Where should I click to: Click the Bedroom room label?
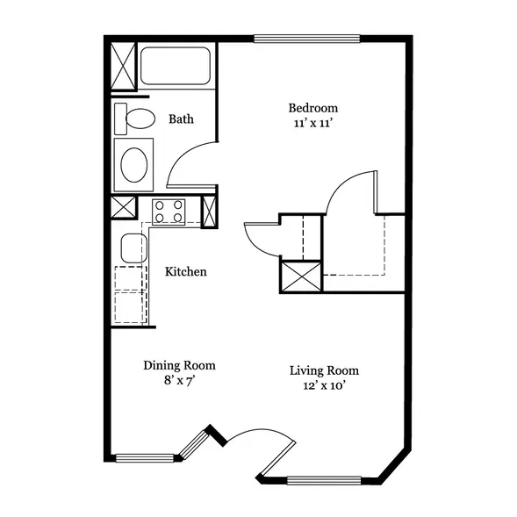pyautogui.click(x=312, y=108)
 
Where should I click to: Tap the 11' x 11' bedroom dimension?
pyautogui.click(x=312, y=123)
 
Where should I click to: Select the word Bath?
pyautogui.click(x=181, y=119)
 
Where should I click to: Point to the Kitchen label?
pyautogui.click(x=185, y=272)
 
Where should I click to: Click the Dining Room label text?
pyautogui.click(x=179, y=365)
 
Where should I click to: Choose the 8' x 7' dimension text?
pyautogui.click(x=178, y=381)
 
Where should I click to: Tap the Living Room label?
pyautogui.click(x=324, y=370)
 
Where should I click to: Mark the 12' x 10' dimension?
pyautogui.click(x=324, y=385)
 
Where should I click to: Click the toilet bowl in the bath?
pyautogui.click(x=140, y=118)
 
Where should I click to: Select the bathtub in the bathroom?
pyautogui.click(x=176, y=66)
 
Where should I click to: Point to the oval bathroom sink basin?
pyautogui.click(x=134, y=165)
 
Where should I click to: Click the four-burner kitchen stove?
pyautogui.click(x=169, y=212)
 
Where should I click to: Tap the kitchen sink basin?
pyautogui.click(x=134, y=248)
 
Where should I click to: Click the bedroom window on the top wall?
pyautogui.click(x=306, y=39)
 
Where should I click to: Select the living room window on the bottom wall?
pyautogui.click(x=324, y=481)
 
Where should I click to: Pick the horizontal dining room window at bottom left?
pyautogui.click(x=145, y=458)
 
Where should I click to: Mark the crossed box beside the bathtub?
pyautogui.click(x=123, y=66)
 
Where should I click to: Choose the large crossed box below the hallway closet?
pyautogui.click(x=302, y=276)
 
